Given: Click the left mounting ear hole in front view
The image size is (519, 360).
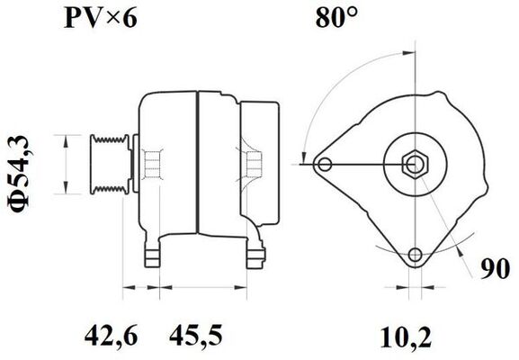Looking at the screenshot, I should click(x=325, y=164).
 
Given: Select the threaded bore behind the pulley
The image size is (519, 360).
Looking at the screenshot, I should click(x=154, y=165).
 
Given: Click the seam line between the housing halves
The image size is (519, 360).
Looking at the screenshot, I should click(x=196, y=162).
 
